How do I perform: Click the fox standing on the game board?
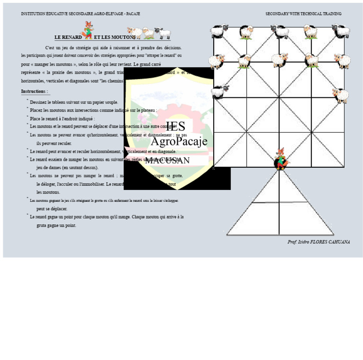click(281, 159)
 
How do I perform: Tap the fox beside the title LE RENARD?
click(88, 30)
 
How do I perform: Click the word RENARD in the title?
click(72, 37)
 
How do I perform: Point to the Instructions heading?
click(34, 91)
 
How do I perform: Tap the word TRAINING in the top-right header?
click(332, 14)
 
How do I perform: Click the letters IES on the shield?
click(175, 126)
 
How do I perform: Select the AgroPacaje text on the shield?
click(179, 141)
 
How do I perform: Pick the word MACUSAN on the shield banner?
click(167, 161)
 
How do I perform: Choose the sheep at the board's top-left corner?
click(219, 32)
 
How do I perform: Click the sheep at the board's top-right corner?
click(341, 31)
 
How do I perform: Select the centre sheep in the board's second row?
click(279, 60)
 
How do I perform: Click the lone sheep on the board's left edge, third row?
click(220, 91)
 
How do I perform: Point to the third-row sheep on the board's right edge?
click(340, 95)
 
